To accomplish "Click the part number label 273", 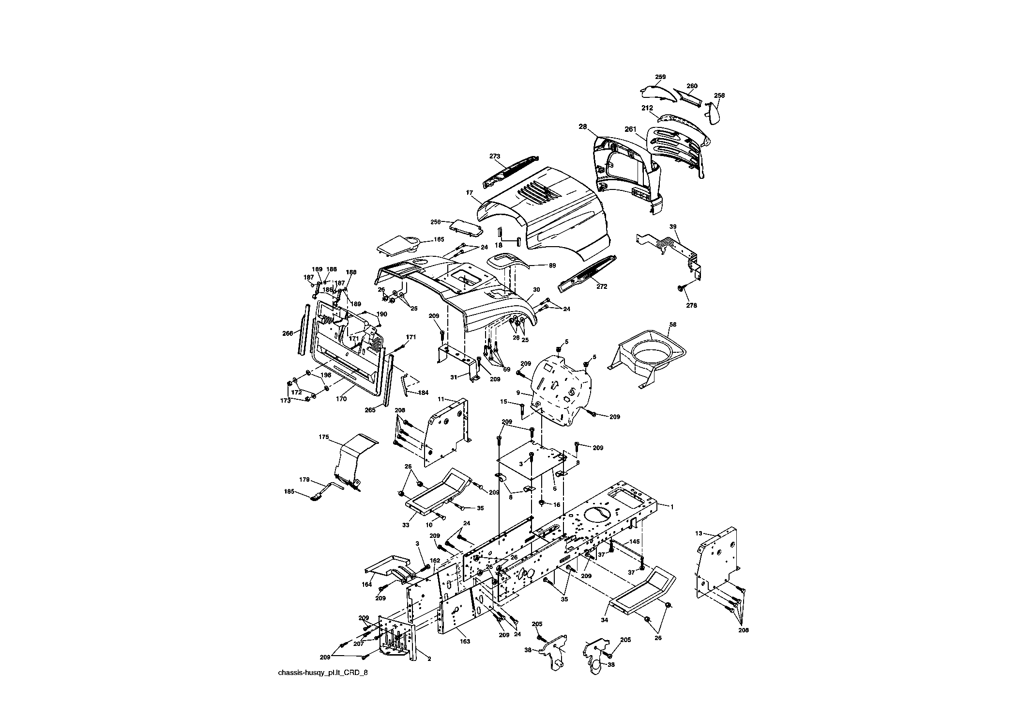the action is click(x=494, y=156).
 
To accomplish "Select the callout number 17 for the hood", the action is click(x=469, y=193).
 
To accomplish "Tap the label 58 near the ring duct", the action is click(x=672, y=324).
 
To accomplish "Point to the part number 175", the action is click(x=324, y=437).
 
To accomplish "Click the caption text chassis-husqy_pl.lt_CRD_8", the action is click(x=323, y=673).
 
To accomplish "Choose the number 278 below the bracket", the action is click(x=691, y=306).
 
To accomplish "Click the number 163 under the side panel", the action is click(x=465, y=642).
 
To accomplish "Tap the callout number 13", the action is click(x=698, y=533).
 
